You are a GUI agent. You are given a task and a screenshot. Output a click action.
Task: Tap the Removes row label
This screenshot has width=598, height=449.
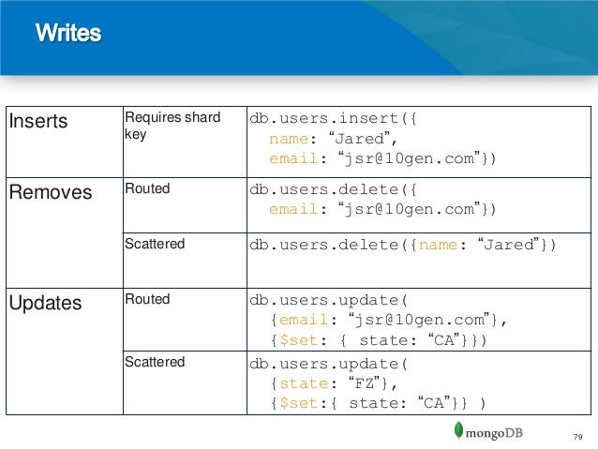coord(50,193)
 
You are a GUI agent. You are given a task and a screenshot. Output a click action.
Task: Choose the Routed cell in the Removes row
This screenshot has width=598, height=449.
coord(147,189)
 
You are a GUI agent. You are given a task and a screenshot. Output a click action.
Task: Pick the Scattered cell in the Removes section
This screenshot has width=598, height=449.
coord(155,245)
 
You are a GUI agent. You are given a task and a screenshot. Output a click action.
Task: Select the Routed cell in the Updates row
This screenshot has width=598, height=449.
coord(147,300)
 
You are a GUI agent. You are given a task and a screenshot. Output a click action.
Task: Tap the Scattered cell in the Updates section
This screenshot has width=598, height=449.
coord(155,362)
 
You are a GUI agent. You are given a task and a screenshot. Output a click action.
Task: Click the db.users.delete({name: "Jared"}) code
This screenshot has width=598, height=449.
coord(402,247)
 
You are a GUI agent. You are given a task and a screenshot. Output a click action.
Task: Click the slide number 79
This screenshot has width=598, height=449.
coord(577,436)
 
